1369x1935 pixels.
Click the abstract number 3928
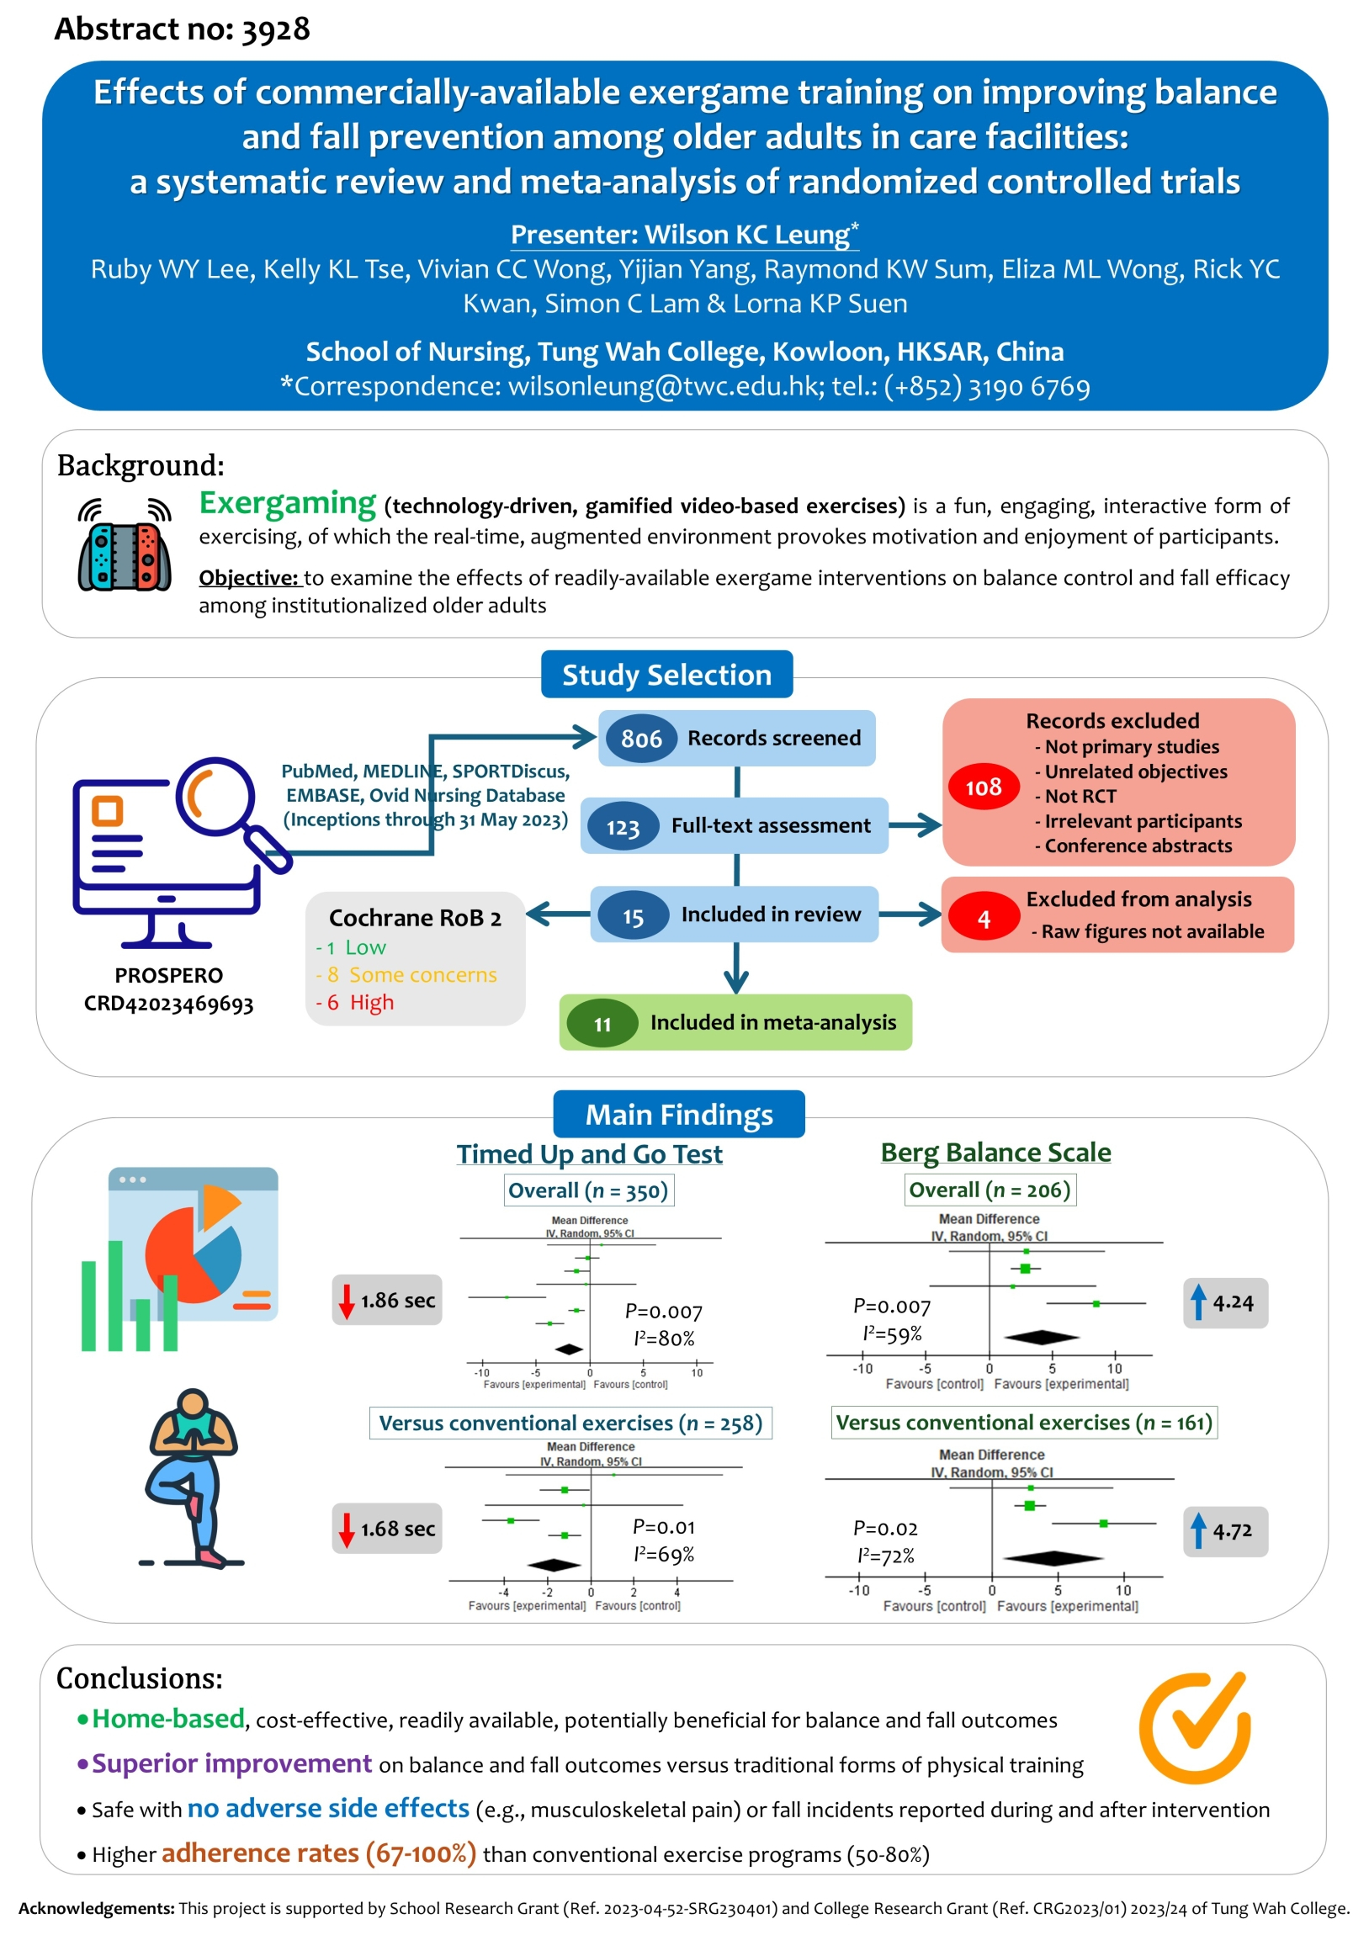click(275, 29)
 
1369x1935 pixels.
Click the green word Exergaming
click(288, 503)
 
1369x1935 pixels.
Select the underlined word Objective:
click(249, 578)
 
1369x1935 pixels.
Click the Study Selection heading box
click(666, 674)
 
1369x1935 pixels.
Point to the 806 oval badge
click(641, 740)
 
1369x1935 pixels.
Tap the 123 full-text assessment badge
click(623, 827)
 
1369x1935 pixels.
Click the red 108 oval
click(983, 787)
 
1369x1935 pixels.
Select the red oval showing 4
click(983, 919)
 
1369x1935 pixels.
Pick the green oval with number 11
click(602, 1024)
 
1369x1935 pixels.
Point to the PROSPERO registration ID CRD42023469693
click(168, 1004)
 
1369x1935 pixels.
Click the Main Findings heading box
click(678, 1114)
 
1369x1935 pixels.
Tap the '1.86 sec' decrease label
click(387, 1301)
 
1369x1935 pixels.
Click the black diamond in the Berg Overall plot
click(1042, 1338)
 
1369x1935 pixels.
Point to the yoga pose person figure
click(193, 1478)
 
